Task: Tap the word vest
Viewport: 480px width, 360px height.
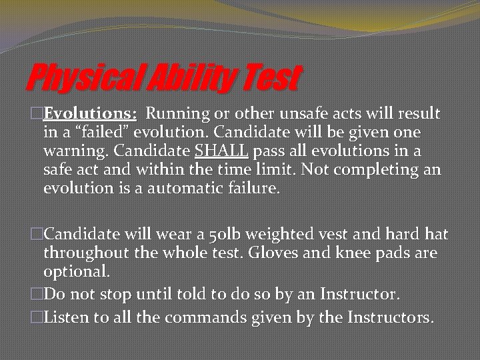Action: tap(301, 235)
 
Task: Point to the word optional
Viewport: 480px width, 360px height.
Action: tap(76, 272)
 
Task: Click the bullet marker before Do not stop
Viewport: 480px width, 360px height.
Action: tap(37, 293)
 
